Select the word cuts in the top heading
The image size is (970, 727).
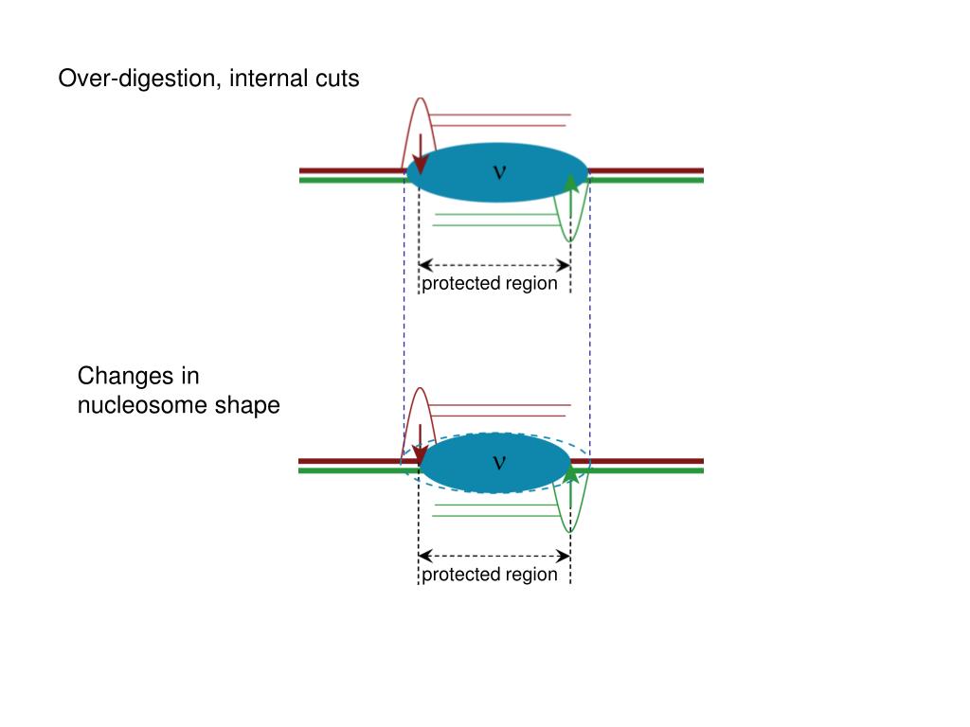coord(337,80)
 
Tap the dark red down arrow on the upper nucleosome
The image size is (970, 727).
coord(420,156)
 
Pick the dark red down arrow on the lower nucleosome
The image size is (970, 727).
coord(420,447)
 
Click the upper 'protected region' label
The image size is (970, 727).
coord(490,284)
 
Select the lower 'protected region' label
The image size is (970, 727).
coord(490,575)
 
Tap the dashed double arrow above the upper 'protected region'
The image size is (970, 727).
coord(494,266)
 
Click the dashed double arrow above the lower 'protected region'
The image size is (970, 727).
coord(494,557)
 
